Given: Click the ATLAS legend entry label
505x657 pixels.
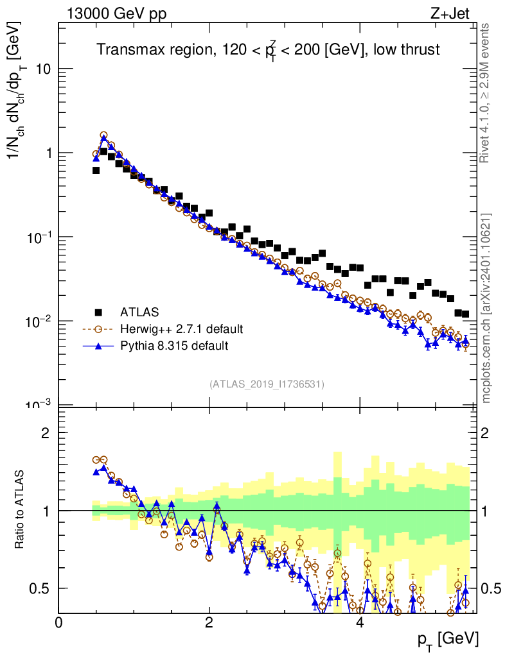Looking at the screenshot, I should pos(139,312).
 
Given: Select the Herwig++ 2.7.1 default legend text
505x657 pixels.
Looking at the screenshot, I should pos(181,329).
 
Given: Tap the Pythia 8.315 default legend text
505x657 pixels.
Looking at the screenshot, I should pos(174,346).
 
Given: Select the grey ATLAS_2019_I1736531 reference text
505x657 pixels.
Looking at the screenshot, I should pos(267,384).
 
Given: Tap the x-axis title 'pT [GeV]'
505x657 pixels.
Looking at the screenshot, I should pos(448,639).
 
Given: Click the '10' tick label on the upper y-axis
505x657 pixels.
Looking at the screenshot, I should pos(44,69).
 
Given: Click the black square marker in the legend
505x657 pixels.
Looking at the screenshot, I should pos(98,312).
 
